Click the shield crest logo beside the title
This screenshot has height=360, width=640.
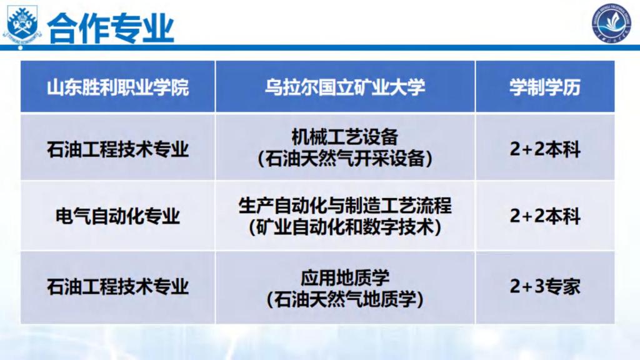(22, 24)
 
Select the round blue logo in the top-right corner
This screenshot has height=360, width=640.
(611, 23)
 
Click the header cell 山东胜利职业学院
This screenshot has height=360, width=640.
(117, 87)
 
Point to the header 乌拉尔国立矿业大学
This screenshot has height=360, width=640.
(345, 87)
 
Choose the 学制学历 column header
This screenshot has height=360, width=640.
(545, 87)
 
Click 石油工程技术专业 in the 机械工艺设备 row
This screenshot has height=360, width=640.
(117, 149)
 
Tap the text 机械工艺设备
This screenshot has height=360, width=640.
(345, 137)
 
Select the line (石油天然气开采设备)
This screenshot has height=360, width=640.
(345, 158)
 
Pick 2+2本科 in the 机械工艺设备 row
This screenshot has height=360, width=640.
(545, 149)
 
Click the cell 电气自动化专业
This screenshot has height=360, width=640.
(117, 216)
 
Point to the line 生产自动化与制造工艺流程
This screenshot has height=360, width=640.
(345, 205)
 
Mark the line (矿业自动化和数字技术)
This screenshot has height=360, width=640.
(345, 227)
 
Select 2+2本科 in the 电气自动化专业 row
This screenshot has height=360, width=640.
(545, 216)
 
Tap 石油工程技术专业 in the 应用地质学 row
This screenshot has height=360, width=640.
(117, 286)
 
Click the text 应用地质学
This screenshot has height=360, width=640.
(345, 278)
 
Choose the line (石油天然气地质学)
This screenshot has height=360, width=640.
(345, 299)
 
